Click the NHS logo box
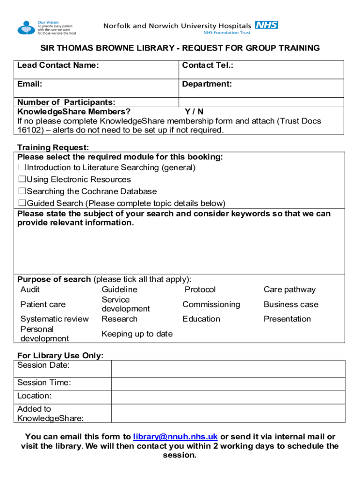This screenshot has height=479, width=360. click(x=266, y=25)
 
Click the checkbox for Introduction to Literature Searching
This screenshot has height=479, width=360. click(x=22, y=167)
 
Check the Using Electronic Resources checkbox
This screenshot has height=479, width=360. click(x=22, y=180)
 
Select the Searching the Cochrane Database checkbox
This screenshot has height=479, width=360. click(x=22, y=191)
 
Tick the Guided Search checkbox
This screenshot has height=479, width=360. click(x=22, y=203)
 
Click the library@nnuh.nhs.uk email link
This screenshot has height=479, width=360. click(x=175, y=437)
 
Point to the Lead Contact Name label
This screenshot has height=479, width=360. click(x=58, y=65)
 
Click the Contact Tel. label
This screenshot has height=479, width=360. click(x=208, y=65)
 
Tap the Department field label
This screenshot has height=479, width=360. click(x=207, y=84)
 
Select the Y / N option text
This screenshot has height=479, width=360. click(x=194, y=112)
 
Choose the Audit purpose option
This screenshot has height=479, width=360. click(x=30, y=290)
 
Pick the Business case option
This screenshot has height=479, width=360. click(x=291, y=305)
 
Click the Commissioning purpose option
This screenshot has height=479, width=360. click(x=211, y=305)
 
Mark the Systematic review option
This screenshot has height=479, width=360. click(x=54, y=319)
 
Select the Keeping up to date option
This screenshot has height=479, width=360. click(x=137, y=334)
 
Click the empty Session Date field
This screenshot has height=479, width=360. click(x=228, y=369)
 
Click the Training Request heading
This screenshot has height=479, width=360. click(x=53, y=148)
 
